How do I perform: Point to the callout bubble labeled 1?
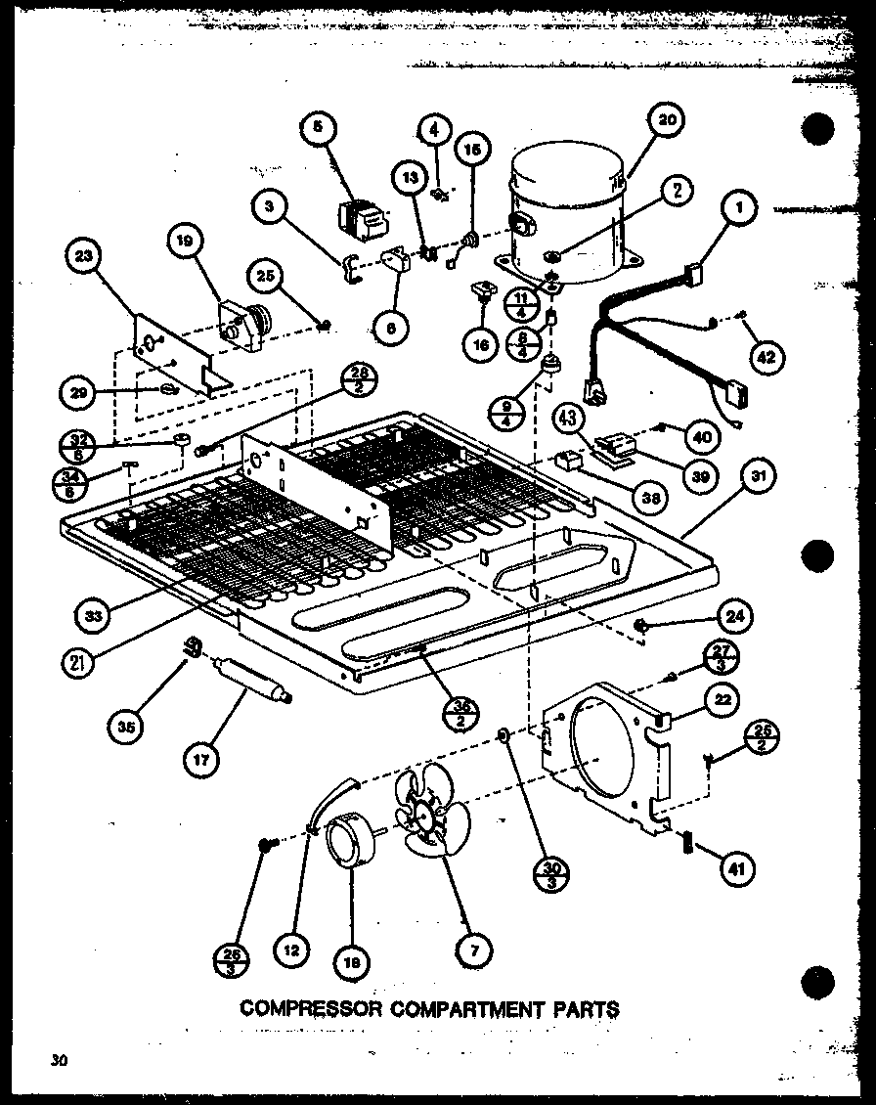click(741, 207)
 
